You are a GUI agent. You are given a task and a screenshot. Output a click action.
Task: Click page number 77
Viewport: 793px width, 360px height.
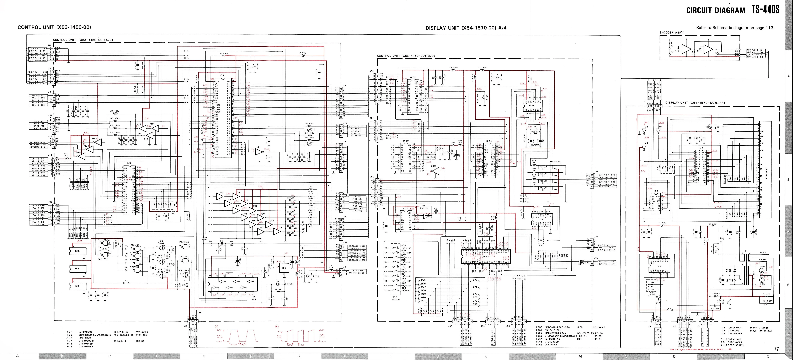[776, 349]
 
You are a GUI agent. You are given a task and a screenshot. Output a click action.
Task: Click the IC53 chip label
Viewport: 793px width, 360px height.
[485, 256]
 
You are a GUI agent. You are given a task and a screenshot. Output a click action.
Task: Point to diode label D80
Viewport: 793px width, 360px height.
[475, 304]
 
